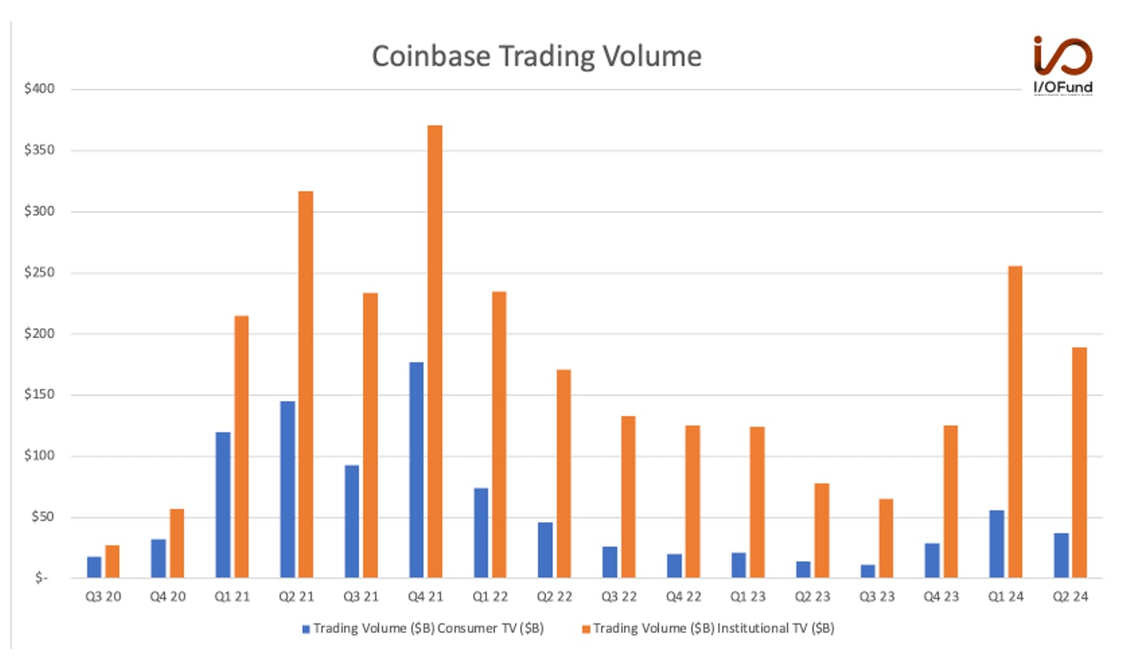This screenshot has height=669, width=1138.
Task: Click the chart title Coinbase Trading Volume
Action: tap(536, 57)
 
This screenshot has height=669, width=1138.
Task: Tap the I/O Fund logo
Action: tap(1063, 66)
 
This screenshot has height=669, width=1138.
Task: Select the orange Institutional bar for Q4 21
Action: tap(435, 352)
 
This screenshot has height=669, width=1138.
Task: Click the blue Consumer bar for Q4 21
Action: tap(416, 470)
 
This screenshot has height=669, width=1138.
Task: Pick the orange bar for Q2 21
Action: tap(306, 384)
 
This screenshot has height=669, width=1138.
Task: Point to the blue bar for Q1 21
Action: tap(223, 505)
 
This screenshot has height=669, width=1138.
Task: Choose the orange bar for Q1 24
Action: tap(1015, 422)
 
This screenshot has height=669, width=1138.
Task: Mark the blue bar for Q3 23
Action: tap(868, 571)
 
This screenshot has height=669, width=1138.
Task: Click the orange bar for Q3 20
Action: tap(112, 562)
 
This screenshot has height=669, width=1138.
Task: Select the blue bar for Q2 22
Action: tap(545, 550)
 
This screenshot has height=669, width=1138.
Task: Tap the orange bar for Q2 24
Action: tap(1080, 463)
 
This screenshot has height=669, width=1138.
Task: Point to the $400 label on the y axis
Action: tap(39, 89)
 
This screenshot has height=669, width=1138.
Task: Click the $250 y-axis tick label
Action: tap(39, 273)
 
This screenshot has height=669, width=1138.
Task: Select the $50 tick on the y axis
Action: tap(42, 517)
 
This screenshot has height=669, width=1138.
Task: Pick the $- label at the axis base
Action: tap(41, 578)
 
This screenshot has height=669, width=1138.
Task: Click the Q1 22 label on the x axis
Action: tap(490, 597)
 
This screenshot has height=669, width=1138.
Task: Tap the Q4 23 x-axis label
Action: tap(941, 597)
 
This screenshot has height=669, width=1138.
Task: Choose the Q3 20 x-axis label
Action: tap(103, 597)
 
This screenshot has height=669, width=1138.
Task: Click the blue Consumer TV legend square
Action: tap(306, 630)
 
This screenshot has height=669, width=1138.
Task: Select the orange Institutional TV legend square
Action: tap(586, 630)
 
